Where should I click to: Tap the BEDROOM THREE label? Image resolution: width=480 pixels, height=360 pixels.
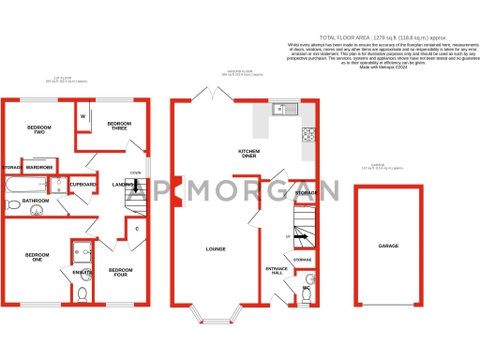(119, 127)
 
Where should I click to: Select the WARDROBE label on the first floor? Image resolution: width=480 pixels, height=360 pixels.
(39, 168)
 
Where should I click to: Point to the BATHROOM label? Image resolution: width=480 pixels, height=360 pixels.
(36, 201)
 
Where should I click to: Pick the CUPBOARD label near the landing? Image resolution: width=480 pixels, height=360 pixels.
(83, 185)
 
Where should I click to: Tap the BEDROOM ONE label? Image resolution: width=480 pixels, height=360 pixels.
(35, 258)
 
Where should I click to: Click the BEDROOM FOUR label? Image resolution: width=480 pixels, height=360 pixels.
(120, 273)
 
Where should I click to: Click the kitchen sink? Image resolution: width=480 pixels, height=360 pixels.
(281, 111)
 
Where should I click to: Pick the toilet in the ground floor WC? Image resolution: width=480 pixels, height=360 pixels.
(307, 293)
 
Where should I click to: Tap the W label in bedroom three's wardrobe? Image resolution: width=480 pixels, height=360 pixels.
(83, 116)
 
